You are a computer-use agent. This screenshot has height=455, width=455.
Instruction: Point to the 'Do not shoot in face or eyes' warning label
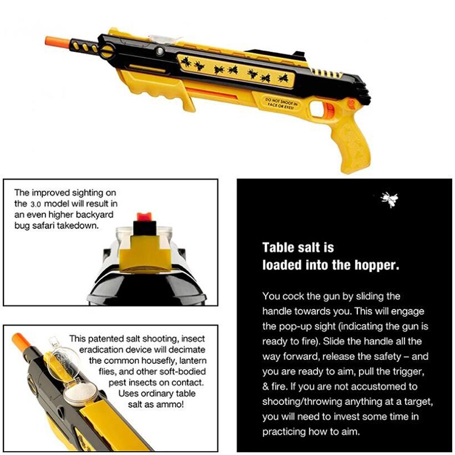[280, 101]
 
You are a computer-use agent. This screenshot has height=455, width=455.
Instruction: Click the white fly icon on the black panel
[390, 199]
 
